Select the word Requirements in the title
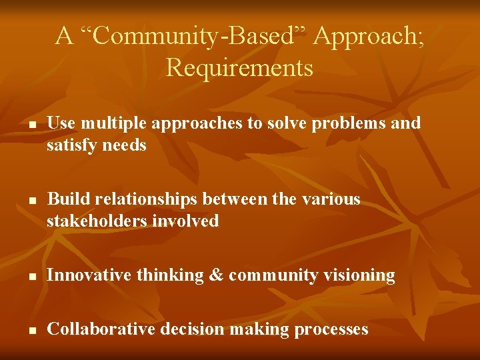tap(239, 68)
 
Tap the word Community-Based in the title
tap(193, 36)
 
